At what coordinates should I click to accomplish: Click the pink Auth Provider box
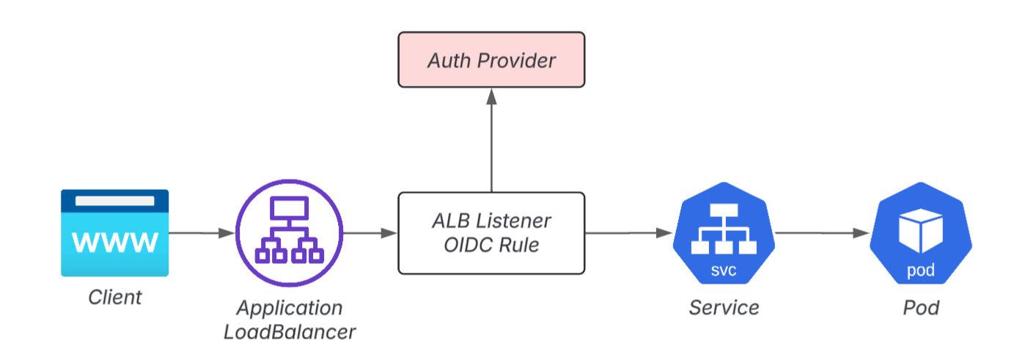491,59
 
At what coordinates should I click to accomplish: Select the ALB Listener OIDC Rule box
491,232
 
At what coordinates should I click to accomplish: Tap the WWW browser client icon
114,233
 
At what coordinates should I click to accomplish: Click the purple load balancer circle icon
289,233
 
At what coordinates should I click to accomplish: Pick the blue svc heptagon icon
724,233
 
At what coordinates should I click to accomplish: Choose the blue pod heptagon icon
920,233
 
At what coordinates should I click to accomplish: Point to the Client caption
114,298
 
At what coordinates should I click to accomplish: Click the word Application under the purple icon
289,308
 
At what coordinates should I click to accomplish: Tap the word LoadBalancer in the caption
289,332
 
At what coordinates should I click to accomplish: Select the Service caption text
724,307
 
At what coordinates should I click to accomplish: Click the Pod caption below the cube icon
920,307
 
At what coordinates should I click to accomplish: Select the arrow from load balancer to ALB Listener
370,233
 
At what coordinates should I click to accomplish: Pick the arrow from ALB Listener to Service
628,233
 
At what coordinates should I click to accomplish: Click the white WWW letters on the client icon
114,242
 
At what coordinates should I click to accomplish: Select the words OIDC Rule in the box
491,245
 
